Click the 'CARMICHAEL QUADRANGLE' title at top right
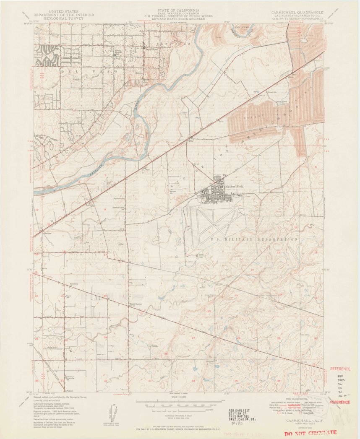297,13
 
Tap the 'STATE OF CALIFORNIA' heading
179,10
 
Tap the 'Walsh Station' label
136,304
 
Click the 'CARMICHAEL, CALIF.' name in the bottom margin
305,419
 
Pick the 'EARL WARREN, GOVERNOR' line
179,13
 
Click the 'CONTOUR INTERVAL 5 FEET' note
179,415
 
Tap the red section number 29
106,337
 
